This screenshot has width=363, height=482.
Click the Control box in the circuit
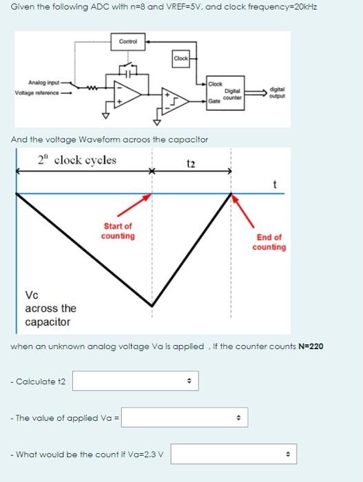coord(129,41)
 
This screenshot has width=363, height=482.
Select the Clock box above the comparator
coord(181,59)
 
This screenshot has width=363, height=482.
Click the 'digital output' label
coord(278,92)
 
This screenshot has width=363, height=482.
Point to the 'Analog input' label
coord(43,81)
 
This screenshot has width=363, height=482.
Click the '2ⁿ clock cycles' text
coord(77,160)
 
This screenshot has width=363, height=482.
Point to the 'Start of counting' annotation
coord(118,231)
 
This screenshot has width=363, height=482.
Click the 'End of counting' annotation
coord(269,242)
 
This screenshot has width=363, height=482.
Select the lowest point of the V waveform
coord(152,306)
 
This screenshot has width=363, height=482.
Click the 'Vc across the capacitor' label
coord(50,308)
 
